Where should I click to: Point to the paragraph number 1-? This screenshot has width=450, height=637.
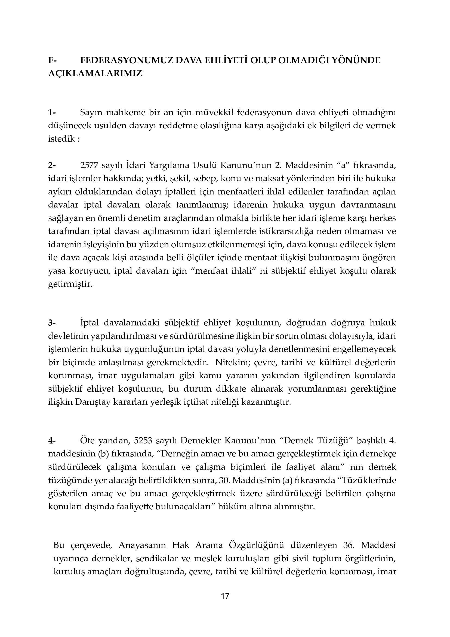click(x=52, y=113)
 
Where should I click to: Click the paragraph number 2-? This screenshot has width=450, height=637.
click(x=52, y=165)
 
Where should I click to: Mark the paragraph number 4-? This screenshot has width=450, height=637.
click(x=52, y=441)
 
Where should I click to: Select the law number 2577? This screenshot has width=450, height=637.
click(x=89, y=165)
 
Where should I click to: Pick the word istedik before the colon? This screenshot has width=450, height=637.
click(x=61, y=139)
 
